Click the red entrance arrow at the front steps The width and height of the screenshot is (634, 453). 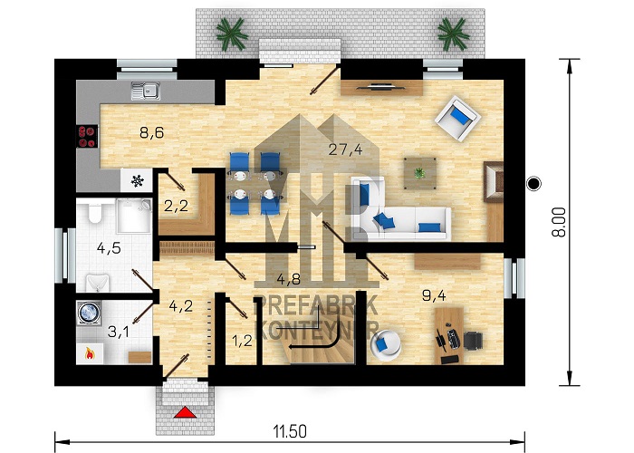click(x=185, y=412)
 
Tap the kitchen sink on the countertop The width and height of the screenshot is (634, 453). click(x=146, y=91)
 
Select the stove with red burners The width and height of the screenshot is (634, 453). click(x=88, y=136)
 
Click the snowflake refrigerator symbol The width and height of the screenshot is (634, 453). click(x=138, y=181)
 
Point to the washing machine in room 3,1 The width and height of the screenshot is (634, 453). click(x=89, y=313)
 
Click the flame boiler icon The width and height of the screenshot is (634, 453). click(x=90, y=354)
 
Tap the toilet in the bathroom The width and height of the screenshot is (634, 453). click(x=95, y=212)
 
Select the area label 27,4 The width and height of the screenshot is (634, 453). click(x=345, y=149)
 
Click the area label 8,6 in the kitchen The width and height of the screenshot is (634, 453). click(x=151, y=132)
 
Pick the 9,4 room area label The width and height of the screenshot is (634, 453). click(x=434, y=295)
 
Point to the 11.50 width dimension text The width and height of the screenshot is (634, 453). click(x=290, y=431)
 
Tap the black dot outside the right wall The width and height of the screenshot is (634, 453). click(x=533, y=184)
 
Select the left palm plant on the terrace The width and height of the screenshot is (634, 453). click(x=232, y=34)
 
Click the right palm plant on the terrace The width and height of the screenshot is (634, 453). click(x=453, y=34)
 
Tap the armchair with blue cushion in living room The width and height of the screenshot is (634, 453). click(x=457, y=118)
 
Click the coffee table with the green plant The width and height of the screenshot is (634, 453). click(x=420, y=174)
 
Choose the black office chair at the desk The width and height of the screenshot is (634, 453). click(x=473, y=341)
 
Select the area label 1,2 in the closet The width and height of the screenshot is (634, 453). click(x=242, y=341)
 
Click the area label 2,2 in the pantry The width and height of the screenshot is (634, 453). click(x=176, y=207)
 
